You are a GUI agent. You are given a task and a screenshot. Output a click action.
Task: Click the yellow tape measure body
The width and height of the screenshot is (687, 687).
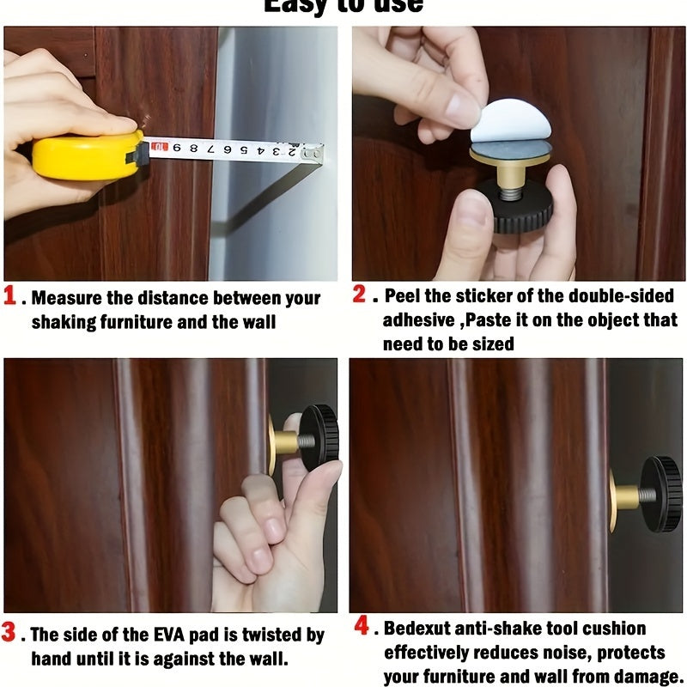click(86, 155)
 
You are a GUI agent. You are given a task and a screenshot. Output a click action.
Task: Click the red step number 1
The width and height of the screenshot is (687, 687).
click(10, 296)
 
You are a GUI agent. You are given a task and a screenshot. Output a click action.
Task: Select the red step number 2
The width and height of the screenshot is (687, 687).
click(360, 295)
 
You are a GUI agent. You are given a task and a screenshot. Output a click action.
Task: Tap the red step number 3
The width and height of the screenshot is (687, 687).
click(9, 634)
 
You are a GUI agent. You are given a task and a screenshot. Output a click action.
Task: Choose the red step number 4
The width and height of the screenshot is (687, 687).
click(362, 626)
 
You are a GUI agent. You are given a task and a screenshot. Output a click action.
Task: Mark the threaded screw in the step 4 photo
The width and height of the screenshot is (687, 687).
click(646, 495)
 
